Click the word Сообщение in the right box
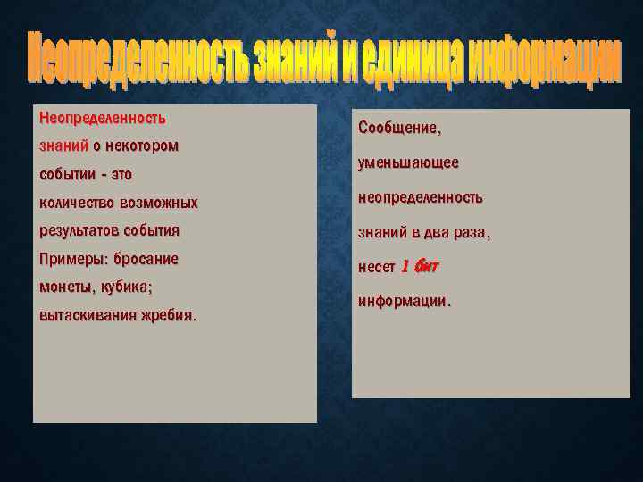(x=398, y=129)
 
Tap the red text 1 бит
(x=419, y=266)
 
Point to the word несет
(x=376, y=267)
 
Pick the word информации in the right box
(x=404, y=301)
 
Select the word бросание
(x=146, y=259)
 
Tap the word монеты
(x=65, y=287)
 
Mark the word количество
(x=78, y=203)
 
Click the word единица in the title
(x=416, y=62)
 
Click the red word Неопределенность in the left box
(x=103, y=118)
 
